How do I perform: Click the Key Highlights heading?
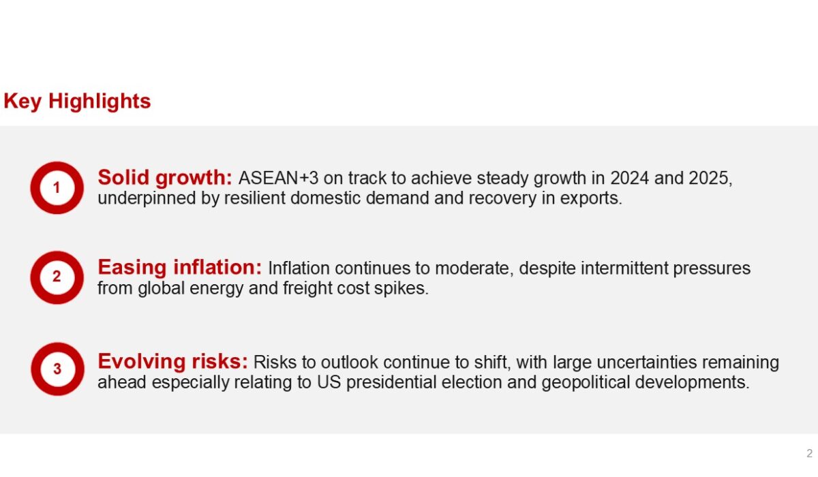(77, 101)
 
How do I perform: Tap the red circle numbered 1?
(35, 188)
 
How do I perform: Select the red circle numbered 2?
(35, 277)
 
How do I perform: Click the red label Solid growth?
(165, 178)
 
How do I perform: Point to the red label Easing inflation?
(180, 268)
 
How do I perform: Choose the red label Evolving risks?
(172, 362)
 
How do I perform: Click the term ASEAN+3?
(279, 178)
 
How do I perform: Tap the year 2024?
(630, 178)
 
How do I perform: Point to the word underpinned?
(147, 198)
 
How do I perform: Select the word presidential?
(391, 382)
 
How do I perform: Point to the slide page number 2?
(809, 454)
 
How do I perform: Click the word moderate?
(474, 268)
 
